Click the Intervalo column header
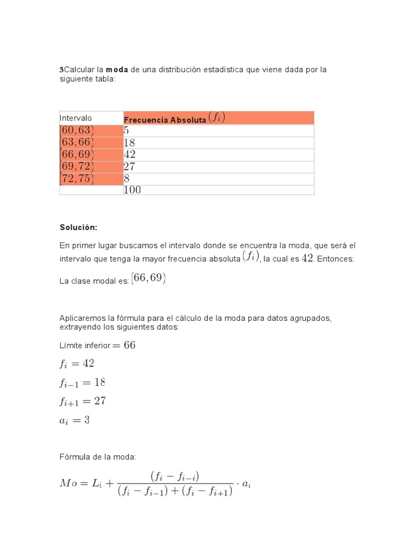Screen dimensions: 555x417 pyautogui.click(x=76, y=118)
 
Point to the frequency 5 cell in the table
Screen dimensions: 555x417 pyautogui.click(x=127, y=131)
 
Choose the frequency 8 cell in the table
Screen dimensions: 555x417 pyautogui.click(x=127, y=179)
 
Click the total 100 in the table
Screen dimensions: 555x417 pyautogui.click(x=132, y=190)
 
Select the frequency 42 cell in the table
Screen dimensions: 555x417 pyautogui.click(x=130, y=154)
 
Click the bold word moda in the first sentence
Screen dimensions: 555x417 pyautogui.click(x=117, y=70)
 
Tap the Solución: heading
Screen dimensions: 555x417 pyautogui.click(x=78, y=228)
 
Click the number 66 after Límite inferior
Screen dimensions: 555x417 pyautogui.click(x=130, y=345)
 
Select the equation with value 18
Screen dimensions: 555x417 pyautogui.click(x=83, y=383)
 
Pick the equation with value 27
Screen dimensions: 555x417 pyautogui.click(x=83, y=402)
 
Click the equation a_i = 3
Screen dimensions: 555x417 pyautogui.click(x=74, y=420)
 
